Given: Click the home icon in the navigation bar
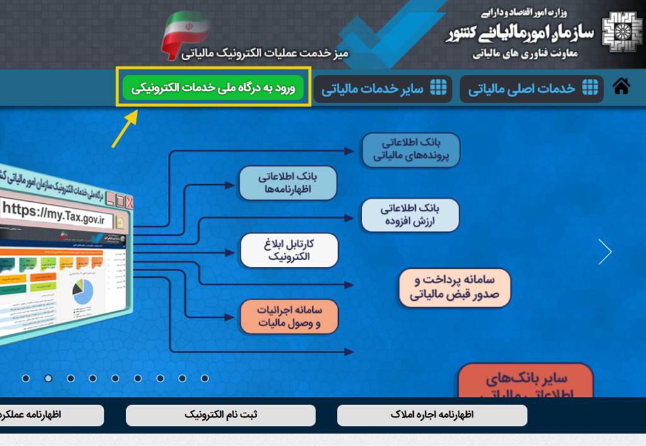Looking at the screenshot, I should (621, 87).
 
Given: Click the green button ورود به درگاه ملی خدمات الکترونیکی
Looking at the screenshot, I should (213, 88).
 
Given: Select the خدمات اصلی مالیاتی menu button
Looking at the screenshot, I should (532, 89).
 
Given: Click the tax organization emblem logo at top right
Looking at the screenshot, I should (621, 33).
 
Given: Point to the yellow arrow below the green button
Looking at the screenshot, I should (125, 129).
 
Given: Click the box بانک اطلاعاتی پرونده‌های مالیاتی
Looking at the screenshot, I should (411, 150).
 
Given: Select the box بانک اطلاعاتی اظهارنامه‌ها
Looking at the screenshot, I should (288, 183).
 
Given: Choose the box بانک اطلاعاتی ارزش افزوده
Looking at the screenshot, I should (410, 215).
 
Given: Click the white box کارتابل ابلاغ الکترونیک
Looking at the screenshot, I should (289, 250).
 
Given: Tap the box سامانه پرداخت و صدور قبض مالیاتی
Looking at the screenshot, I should (454, 287).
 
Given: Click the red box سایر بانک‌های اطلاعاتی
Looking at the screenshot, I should (526, 381).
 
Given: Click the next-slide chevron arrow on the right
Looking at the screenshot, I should (605, 252).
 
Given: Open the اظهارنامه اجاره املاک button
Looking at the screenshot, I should (432, 415).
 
